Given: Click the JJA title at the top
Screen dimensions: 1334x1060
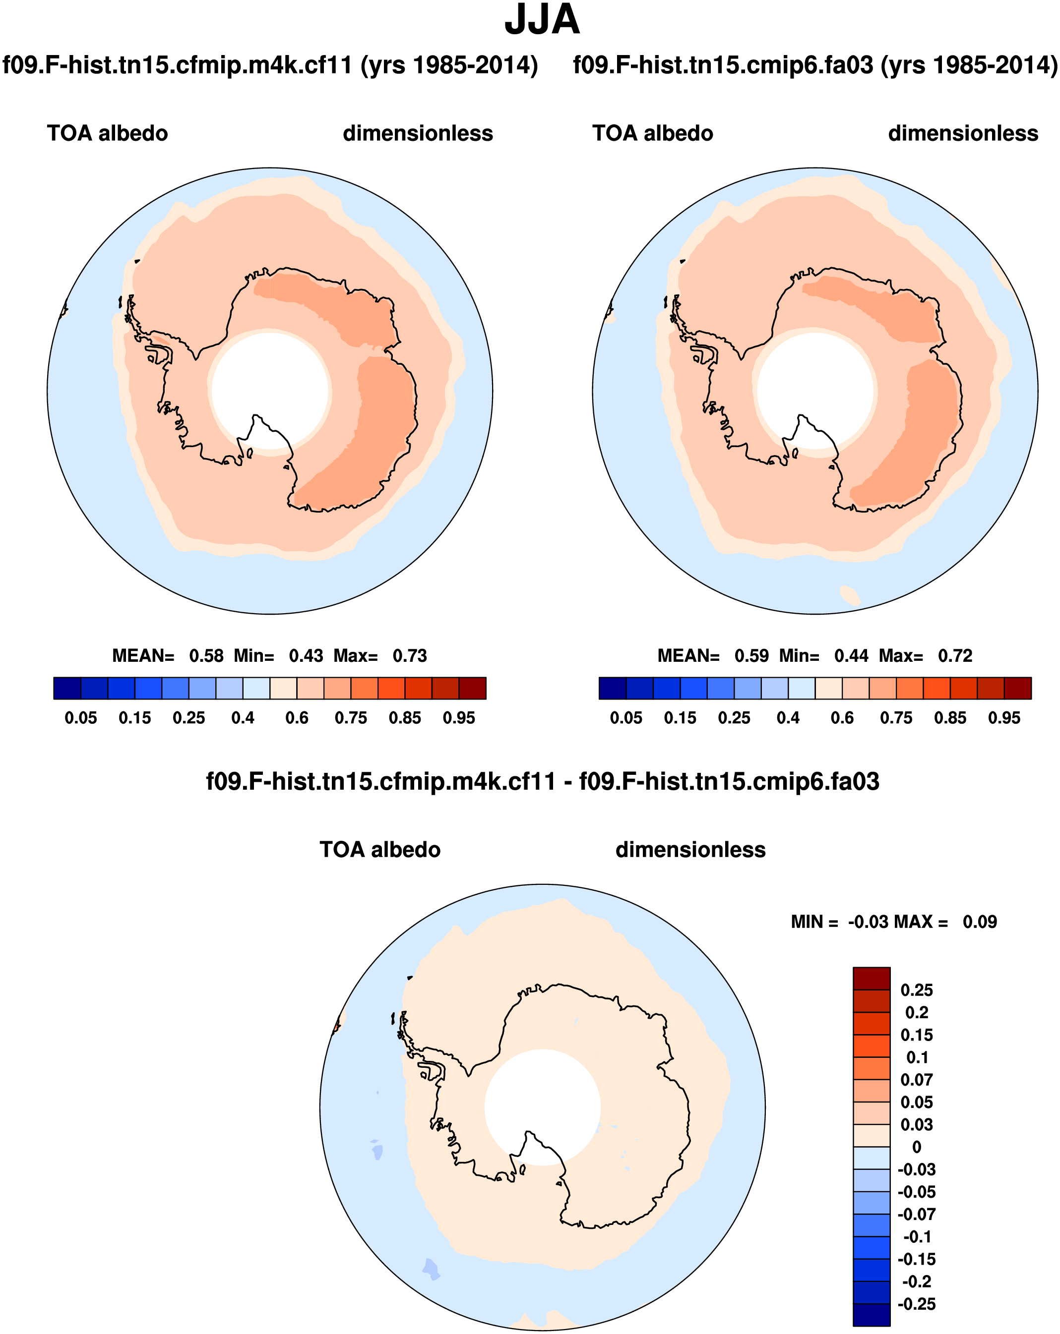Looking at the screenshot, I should click(542, 21).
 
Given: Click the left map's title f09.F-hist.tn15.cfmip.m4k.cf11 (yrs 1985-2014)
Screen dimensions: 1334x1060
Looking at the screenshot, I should click(270, 65).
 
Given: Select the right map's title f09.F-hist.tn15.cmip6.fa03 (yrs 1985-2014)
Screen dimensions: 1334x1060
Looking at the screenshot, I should click(815, 65).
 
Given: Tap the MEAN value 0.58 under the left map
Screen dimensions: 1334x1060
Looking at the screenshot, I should click(206, 656).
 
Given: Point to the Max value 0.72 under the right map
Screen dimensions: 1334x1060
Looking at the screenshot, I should click(955, 656).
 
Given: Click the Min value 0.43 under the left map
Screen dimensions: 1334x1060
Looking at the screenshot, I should click(306, 656).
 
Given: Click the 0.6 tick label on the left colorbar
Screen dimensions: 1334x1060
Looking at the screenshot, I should click(297, 718).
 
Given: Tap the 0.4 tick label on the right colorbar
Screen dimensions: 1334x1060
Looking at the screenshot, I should click(788, 718).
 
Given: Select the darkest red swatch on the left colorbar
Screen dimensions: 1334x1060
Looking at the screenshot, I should click(472, 688).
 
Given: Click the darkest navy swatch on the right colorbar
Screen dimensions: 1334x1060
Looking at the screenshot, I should click(613, 688).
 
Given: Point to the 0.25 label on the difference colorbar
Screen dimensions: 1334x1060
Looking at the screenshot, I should click(916, 990).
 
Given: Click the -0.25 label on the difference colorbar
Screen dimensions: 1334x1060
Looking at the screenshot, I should click(916, 1304).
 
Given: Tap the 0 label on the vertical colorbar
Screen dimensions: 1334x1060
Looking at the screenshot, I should click(916, 1147).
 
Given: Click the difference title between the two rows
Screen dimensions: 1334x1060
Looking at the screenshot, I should click(542, 781).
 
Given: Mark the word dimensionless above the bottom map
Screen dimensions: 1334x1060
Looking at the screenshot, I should click(690, 850).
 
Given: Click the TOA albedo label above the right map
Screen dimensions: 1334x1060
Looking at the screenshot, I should click(653, 133).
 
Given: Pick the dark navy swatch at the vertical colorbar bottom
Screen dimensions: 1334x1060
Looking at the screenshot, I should click(871, 1315).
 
